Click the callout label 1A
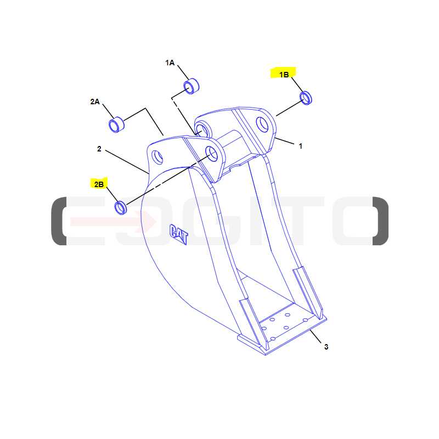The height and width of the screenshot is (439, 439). coord(170,63)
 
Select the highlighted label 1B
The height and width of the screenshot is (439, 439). coord(284,75)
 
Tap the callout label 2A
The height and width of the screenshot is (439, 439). coord(95,102)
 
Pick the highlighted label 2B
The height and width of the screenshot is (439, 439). coord(99,184)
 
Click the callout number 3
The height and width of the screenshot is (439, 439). coord(326,347)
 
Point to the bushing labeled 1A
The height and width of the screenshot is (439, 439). coord(191,86)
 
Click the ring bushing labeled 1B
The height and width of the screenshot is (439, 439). coord(306,98)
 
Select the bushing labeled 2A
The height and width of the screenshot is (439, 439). coord(116,125)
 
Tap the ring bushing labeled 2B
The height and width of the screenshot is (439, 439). coord(121,207)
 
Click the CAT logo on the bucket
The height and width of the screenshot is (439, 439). coord(179,234)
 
